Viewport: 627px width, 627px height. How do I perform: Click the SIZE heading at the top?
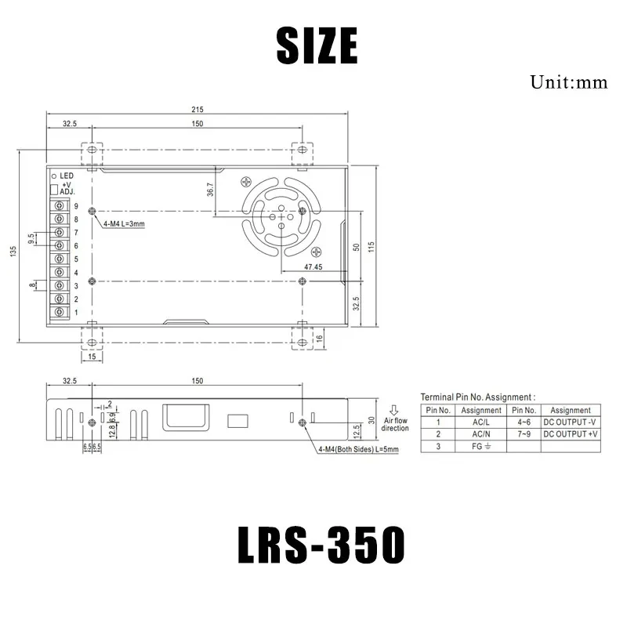317,45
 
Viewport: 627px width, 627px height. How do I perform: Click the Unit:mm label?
568,82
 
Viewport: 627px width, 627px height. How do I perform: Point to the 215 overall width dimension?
196,110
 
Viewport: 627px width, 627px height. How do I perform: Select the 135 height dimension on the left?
13,251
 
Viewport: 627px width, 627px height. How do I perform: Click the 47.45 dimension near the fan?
313,267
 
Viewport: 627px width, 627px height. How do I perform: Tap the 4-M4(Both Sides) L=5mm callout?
358,450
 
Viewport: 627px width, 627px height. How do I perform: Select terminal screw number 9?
59,206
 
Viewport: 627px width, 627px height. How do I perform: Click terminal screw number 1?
59,313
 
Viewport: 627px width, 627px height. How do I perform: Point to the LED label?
67,176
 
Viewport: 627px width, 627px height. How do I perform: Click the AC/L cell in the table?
480,421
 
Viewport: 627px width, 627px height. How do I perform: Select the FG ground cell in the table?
480,445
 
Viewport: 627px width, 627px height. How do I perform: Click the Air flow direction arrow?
394,408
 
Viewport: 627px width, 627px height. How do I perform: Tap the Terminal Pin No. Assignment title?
477,397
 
